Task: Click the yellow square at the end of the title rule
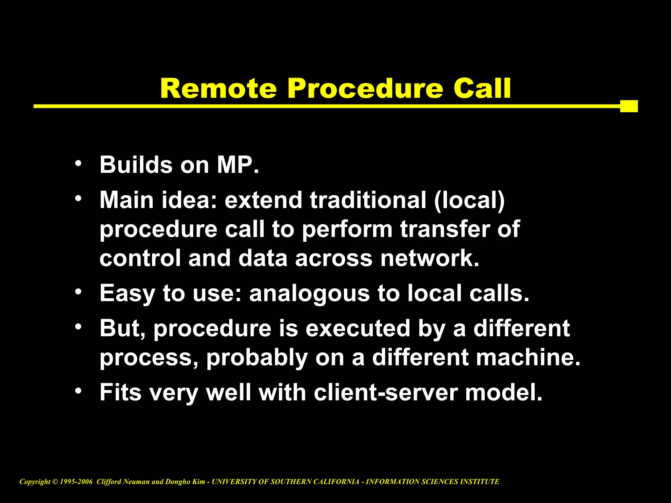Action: [629, 106]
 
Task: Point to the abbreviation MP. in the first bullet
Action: [238, 165]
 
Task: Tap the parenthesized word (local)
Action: [470, 200]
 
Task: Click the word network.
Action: [430, 258]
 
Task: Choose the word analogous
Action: [309, 294]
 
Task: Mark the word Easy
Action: [127, 294]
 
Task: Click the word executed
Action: [358, 328]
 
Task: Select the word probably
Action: [257, 358]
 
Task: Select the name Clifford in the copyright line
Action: [108, 482]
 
